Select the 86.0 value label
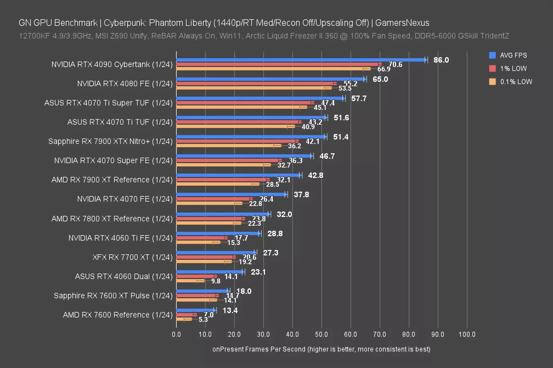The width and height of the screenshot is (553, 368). pyautogui.click(x=441, y=60)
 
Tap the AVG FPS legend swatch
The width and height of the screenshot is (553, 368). pyautogui.click(x=493, y=55)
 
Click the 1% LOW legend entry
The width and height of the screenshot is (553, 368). pyautogui.click(x=513, y=69)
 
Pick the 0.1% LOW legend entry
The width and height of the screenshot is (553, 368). pyautogui.click(x=516, y=82)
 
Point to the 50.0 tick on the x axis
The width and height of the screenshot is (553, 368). pyautogui.click(x=321, y=334)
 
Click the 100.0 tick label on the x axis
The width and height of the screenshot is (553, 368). pyautogui.click(x=467, y=334)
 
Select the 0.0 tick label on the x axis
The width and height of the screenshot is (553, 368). pyautogui.click(x=176, y=334)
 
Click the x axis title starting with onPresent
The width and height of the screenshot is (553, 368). pyautogui.click(x=321, y=349)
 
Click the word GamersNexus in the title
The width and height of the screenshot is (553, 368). pyautogui.click(x=402, y=23)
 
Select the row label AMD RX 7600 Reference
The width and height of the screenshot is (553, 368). pyautogui.click(x=118, y=315)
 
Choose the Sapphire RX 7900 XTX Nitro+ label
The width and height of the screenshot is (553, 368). pyautogui.click(x=110, y=141)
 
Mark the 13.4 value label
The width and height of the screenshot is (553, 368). pyautogui.click(x=230, y=310)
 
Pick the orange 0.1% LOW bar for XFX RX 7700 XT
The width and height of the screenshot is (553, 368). pyautogui.click(x=204, y=261)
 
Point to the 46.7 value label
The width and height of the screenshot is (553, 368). pyautogui.click(x=327, y=156)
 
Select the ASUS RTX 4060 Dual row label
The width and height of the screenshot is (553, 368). pyautogui.click(x=124, y=276)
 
